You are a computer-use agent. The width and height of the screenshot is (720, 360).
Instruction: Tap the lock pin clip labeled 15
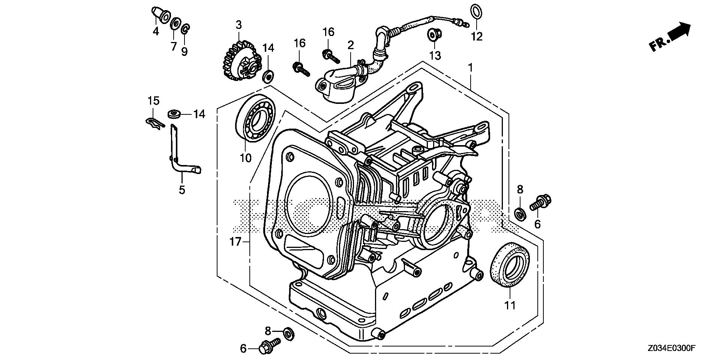[x=154, y=123]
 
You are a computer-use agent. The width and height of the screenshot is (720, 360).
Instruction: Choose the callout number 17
[x=235, y=242]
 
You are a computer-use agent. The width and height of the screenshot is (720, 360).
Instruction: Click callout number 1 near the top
[x=470, y=68]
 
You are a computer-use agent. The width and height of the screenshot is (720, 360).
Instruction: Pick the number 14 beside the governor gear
[x=268, y=48]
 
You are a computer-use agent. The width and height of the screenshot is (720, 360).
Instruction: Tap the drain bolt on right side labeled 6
[x=540, y=202]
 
